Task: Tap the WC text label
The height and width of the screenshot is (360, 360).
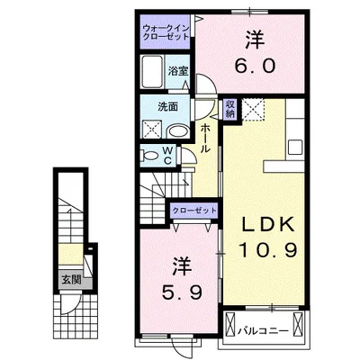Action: click(x=166, y=156)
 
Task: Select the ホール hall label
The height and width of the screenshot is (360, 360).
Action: click(x=206, y=139)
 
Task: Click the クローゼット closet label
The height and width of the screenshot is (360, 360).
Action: click(x=194, y=211)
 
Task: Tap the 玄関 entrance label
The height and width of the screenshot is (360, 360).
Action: click(x=69, y=279)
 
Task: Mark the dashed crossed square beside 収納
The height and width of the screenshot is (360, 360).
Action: click(x=254, y=111)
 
